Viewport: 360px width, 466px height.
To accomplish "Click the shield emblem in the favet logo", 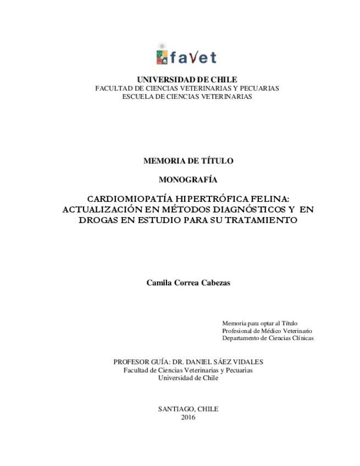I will (162, 56).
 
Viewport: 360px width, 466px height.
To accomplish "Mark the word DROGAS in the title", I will (98, 220).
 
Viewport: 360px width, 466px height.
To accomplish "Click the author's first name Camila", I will (159, 282).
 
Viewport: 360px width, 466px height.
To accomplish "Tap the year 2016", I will (187, 417).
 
